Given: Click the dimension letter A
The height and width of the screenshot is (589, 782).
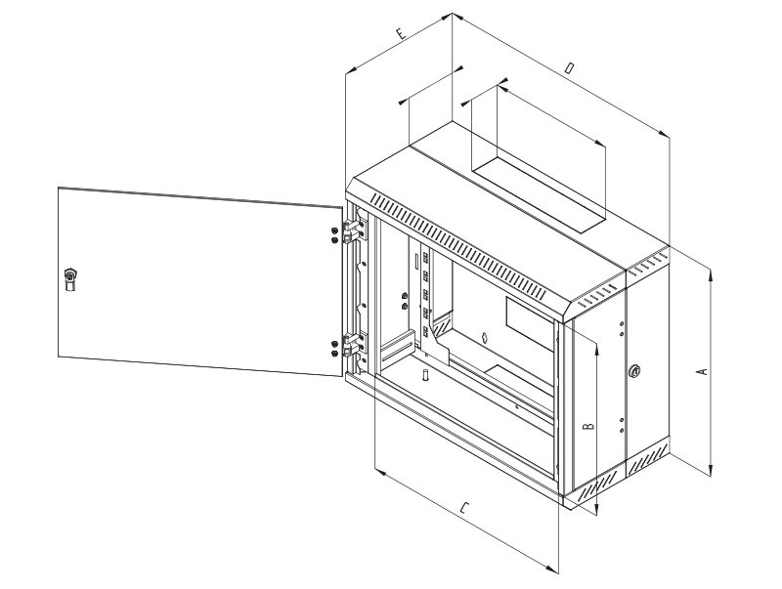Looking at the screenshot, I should [x=699, y=372].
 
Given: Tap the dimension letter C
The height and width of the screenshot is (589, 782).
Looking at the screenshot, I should [x=466, y=509].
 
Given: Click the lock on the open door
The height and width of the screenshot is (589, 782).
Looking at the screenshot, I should [x=69, y=278].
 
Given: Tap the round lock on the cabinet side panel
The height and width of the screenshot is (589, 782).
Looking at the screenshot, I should [x=636, y=371].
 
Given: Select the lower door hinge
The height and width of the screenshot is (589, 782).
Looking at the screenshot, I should [x=353, y=347].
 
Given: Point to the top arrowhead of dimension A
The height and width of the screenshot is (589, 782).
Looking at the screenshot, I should [x=710, y=277].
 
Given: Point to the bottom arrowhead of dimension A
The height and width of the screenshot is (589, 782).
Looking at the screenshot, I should [x=710, y=469].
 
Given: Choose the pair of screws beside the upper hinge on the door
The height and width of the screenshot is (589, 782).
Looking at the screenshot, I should [x=335, y=235].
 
